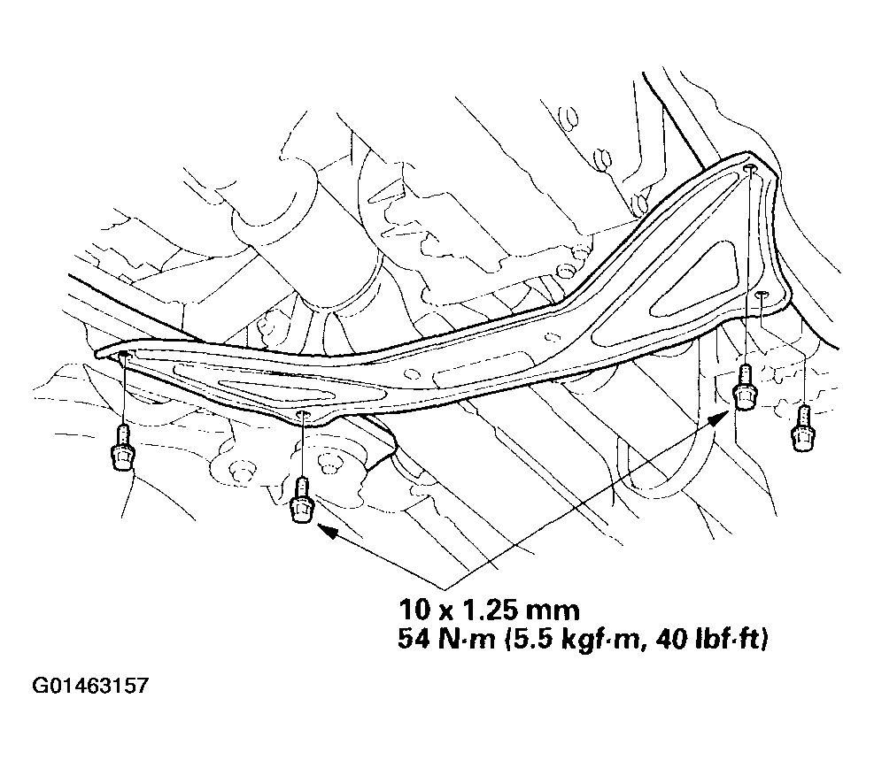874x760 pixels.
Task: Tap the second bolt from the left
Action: tap(301, 500)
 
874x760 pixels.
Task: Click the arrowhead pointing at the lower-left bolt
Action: tap(328, 531)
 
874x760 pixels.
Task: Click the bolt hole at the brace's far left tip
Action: tap(123, 355)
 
